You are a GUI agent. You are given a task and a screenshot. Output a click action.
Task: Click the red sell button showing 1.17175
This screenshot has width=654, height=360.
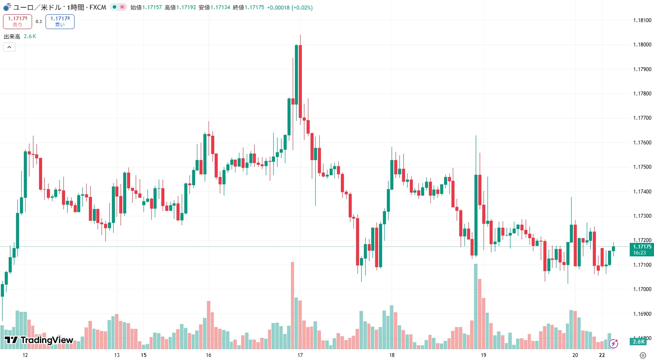point(17,21)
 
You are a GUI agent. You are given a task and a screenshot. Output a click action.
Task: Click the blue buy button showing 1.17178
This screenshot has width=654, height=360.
point(60,21)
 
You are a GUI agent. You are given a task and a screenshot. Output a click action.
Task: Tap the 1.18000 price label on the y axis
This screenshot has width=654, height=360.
point(642,45)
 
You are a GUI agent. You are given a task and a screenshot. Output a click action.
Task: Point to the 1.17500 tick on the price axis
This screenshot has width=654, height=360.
point(642,167)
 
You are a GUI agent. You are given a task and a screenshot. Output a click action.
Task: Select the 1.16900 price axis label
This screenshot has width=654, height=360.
point(642,314)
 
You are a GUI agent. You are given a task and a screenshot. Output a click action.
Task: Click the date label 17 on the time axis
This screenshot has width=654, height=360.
point(300,355)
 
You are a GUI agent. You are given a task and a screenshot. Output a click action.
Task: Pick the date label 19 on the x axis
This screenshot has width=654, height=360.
point(483,355)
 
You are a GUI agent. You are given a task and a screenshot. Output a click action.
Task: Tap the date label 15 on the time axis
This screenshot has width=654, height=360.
point(144,355)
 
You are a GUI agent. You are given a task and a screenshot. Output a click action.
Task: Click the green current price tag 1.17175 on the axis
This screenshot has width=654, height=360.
point(642,249)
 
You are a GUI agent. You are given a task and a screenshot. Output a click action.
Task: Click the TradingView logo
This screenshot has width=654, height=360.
point(39,340)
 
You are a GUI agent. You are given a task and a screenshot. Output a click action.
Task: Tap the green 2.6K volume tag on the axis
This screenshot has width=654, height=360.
point(638,342)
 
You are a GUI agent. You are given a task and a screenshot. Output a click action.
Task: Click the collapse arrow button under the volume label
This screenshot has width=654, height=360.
point(9,47)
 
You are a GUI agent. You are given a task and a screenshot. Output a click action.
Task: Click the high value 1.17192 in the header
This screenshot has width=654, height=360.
point(186,7)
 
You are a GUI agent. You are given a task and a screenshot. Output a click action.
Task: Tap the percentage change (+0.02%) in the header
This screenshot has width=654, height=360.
point(302,7)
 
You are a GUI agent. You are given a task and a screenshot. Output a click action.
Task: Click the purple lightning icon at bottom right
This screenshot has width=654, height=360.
point(613,344)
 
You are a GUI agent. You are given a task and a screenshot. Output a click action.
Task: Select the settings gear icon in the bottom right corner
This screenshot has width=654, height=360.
point(643,355)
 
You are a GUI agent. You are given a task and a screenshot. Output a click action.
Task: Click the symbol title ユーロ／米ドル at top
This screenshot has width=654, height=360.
point(37,7)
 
